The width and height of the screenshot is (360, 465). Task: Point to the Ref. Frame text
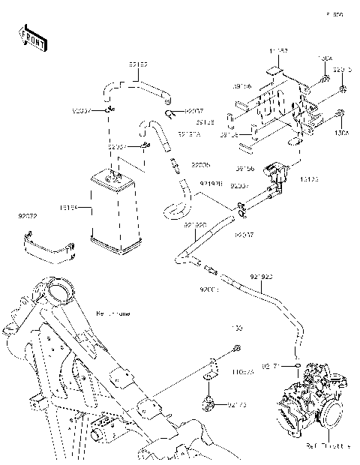pyautogui.click(x=112, y=313)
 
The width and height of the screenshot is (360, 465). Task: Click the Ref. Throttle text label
pyautogui.click(x=328, y=445)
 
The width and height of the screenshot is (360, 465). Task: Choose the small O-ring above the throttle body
pyautogui.click(x=298, y=365)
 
